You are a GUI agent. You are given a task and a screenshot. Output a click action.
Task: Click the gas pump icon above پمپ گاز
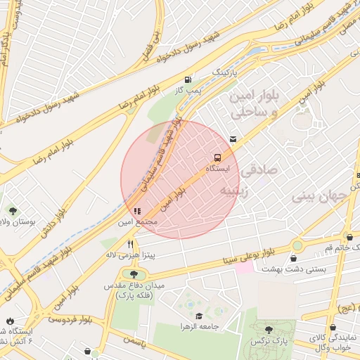tap(187, 79)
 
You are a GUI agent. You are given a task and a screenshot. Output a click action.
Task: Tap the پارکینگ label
tap(226, 73)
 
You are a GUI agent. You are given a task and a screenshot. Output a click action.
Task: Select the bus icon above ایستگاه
tap(218, 157)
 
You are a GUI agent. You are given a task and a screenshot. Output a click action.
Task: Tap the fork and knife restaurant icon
tap(130, 245)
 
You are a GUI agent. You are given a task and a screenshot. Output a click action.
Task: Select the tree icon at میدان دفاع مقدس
tap(131, 274)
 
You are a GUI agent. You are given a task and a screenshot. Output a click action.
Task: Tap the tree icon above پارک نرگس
tap(269, 328)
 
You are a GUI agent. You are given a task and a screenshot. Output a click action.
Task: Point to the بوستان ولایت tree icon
tap(12, 210)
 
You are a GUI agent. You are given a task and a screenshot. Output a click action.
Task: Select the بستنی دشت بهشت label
tap(286, 269)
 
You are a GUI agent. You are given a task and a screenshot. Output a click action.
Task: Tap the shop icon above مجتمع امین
tap(136, 210)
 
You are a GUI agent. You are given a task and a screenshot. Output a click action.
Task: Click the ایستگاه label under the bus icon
tap(218, 169)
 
